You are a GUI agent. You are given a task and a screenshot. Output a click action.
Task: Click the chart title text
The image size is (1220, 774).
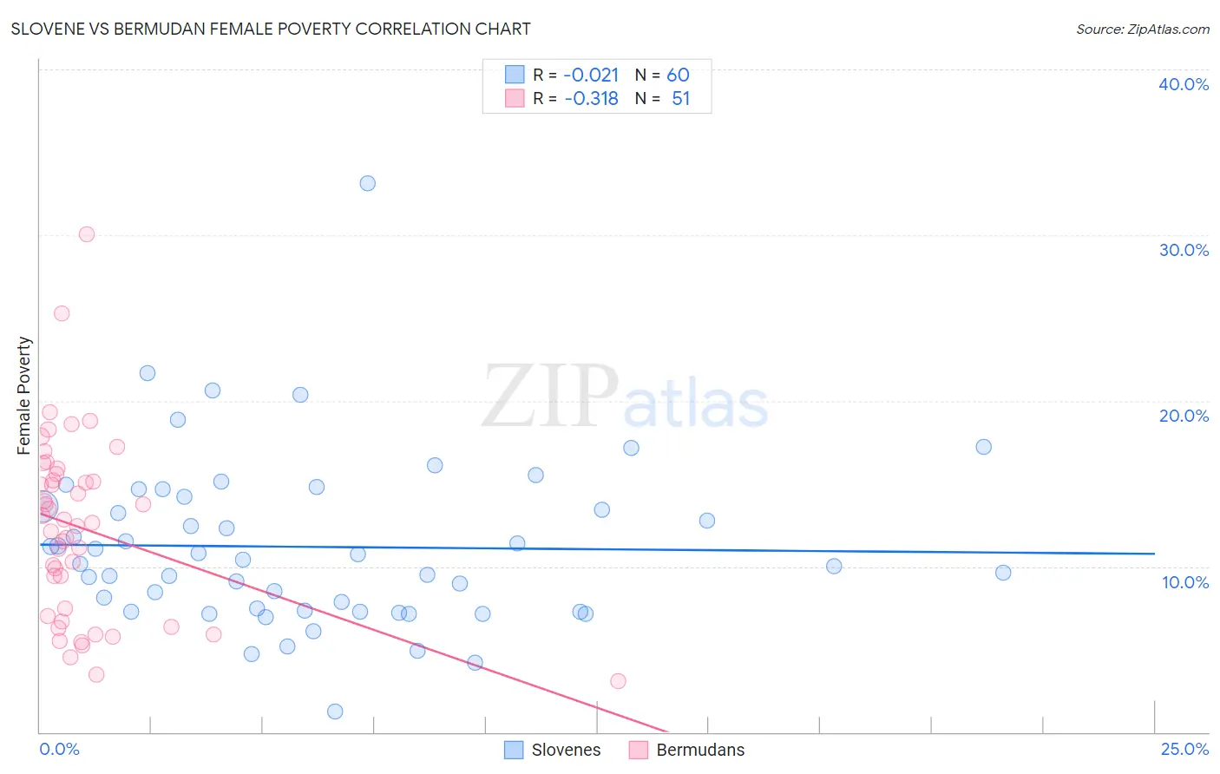[x=271, y=29]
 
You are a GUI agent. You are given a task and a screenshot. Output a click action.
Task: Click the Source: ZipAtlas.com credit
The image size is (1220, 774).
[x=1142, y=29]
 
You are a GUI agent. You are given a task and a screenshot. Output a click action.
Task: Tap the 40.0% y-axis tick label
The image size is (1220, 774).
[x=1183, y=84]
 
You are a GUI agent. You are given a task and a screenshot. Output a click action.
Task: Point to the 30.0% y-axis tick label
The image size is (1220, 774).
[x=1183, y=250]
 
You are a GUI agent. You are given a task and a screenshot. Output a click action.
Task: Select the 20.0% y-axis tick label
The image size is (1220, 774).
[x=1183, y=416]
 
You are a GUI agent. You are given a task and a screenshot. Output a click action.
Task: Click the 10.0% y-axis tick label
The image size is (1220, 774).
[x=1184, y=582]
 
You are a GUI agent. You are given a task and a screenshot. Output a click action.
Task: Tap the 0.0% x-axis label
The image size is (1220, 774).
[x=59, y=749]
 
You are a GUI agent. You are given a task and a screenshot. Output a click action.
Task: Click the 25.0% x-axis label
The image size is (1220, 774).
[x=1184, y=749]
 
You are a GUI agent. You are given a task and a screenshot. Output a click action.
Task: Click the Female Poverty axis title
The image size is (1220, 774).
[x=24, y=396]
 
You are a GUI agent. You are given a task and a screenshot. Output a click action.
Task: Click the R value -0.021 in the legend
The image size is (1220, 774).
[x=591, y=75]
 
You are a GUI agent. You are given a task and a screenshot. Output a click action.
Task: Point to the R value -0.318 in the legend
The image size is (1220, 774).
[x=591, y=99]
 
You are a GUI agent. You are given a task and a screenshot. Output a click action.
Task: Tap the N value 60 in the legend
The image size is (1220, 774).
[x=678, y=75]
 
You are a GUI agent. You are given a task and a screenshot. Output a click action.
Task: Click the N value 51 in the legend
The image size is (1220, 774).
[x=680, y=99]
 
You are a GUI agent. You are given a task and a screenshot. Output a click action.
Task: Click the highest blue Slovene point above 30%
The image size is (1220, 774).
[x=368, y=183]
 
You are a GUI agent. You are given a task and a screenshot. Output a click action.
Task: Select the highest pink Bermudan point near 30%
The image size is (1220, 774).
[x=87, y=234]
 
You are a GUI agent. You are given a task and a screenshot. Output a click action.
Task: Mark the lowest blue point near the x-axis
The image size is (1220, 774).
[x=335, y=712]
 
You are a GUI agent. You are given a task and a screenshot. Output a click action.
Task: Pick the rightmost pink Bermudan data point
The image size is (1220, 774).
[x=618, y=681]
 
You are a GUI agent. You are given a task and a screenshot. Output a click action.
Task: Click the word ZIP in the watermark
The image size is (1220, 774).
[x=550, y=397]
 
